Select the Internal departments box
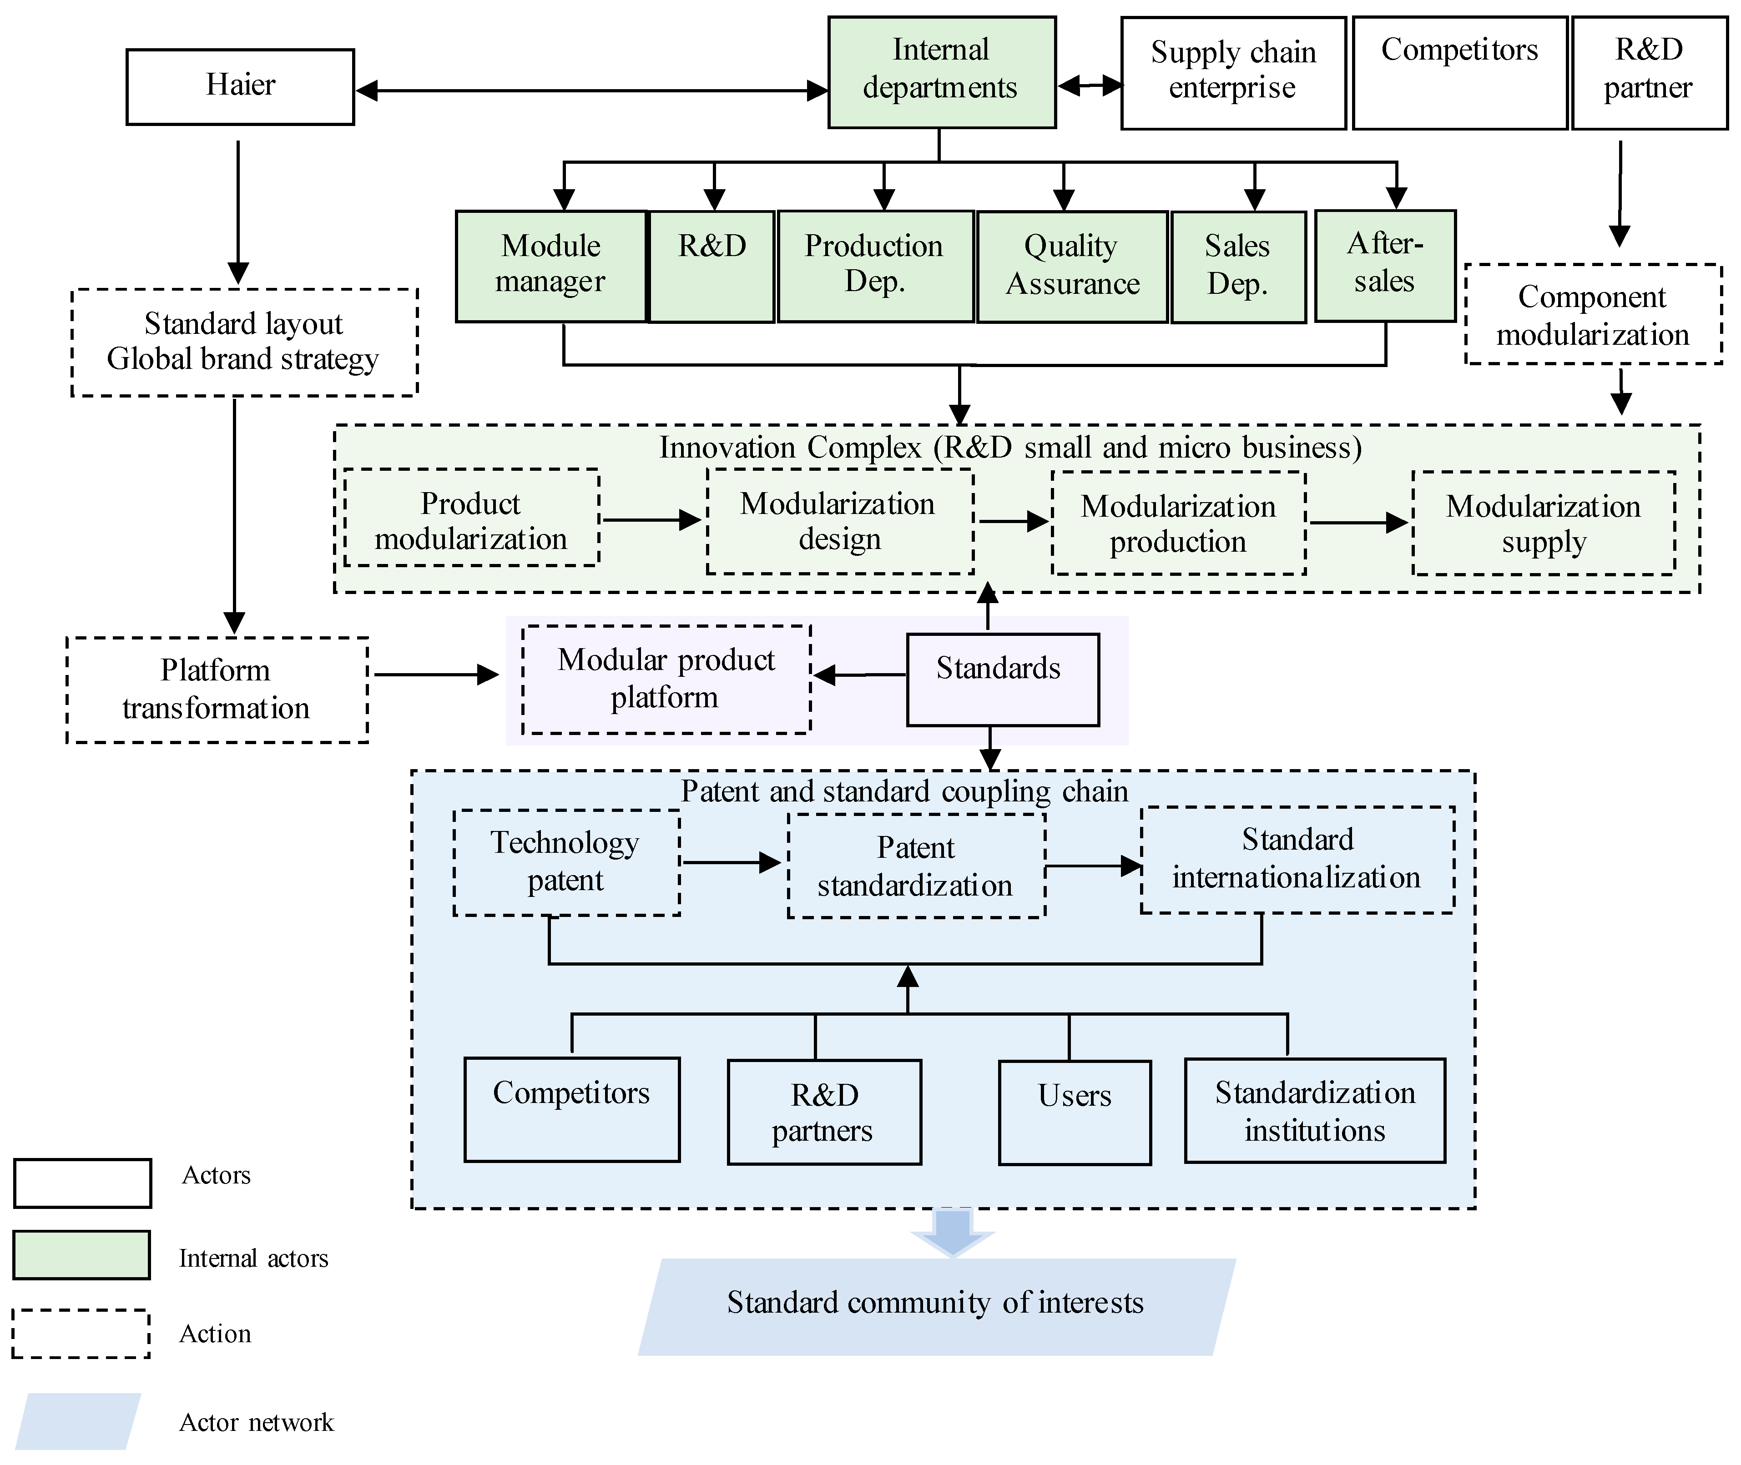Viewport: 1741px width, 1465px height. (x=941, y=72)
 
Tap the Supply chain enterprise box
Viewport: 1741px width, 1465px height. (x=1233, y=73)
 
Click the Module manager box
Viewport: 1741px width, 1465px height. (x=551, y=266)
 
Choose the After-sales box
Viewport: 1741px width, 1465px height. (x=1385, y=266)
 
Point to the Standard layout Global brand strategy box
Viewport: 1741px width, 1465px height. (x=244, y=342)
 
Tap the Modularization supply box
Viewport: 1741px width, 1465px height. (x=1543, y=523)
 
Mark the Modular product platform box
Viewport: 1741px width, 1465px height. (x=666, y=680)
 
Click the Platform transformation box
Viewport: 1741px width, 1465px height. (x=217, y=690)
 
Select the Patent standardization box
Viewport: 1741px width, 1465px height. (x=915, y=866)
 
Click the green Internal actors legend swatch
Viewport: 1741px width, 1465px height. (x=81, y=1255)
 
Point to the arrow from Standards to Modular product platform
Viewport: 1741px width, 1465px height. (x=860, y=675)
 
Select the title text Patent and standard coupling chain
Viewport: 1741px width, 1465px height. (x=904, y=791)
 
